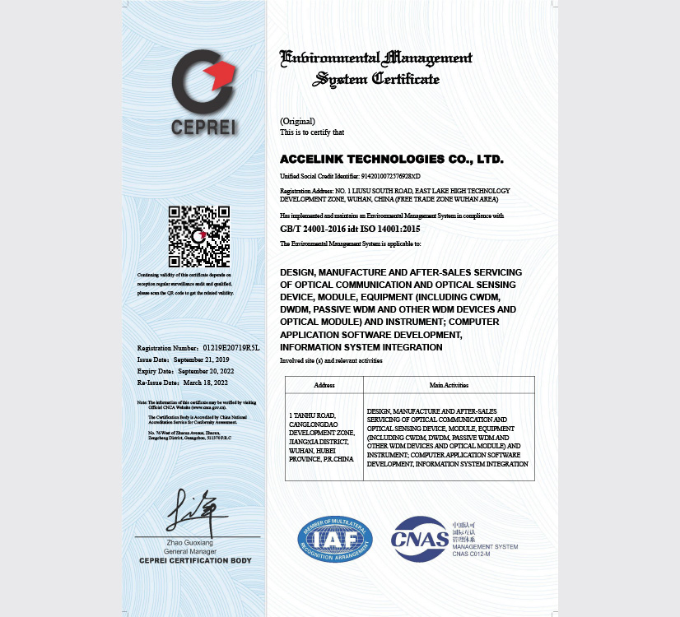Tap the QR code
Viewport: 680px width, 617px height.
(199, 236)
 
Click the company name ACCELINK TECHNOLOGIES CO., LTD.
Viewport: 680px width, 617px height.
(391, 159)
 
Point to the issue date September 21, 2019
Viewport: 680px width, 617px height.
(201, 360)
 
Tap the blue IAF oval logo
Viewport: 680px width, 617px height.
(335, 540)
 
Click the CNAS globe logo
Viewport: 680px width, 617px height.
(420, 539)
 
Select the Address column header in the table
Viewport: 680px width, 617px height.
(324, 385)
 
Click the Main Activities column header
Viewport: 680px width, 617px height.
(449, 385)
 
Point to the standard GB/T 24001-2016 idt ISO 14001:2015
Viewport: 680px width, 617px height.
(350, 229)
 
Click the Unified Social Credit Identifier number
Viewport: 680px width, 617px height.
(391, 176)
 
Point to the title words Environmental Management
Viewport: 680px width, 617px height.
(376, 58)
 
